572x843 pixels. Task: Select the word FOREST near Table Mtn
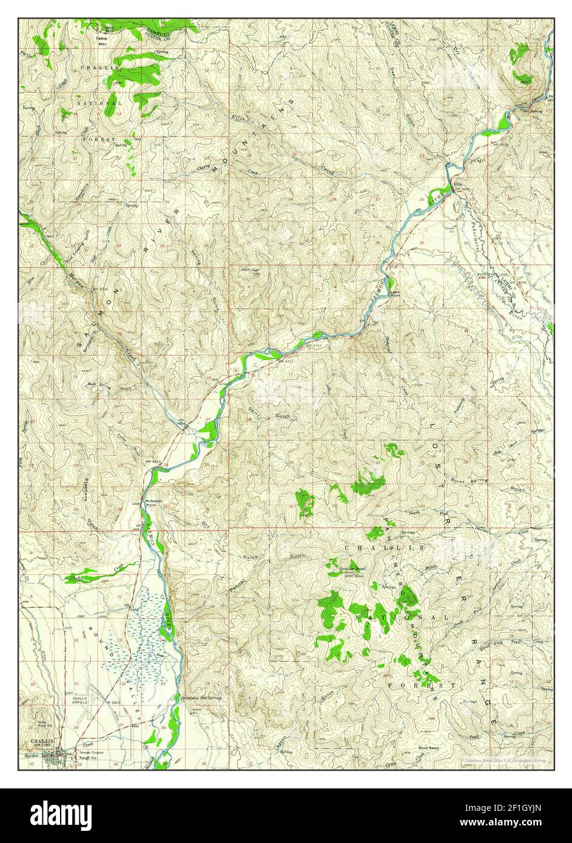pos(98,140)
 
